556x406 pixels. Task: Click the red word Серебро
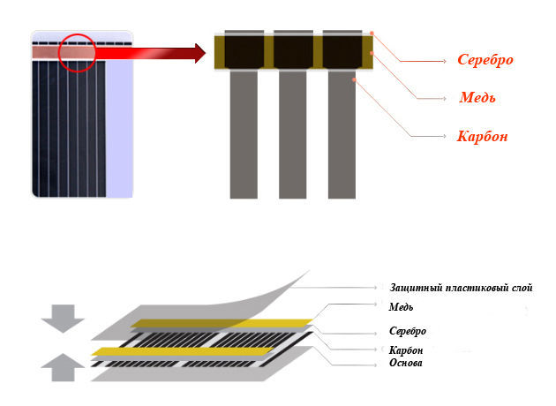(485, 60)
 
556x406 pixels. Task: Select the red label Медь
(477, 97)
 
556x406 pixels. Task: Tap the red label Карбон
(482, 137)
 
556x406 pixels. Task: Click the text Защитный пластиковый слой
(461, 288)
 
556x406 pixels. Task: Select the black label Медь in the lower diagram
(401, 306)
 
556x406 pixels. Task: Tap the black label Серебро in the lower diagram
(408, 331)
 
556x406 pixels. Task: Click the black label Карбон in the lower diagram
(405, 350)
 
